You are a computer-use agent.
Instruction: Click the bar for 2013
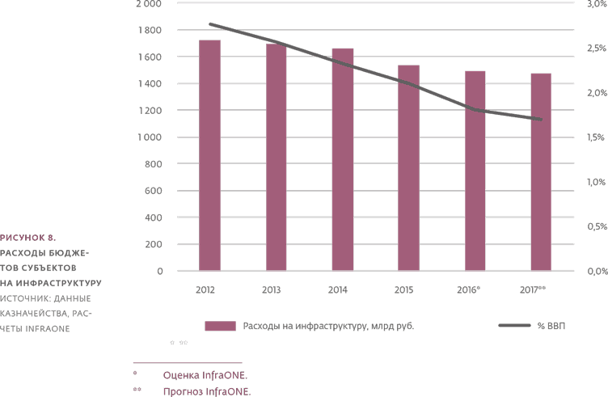tap(277, 157)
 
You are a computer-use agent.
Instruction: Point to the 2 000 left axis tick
tap(148, 4)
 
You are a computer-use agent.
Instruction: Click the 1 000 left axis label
tap(148, 137)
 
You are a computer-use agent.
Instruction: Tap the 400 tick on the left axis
tap(152, 218)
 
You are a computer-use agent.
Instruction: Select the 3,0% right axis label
tap(594, 4)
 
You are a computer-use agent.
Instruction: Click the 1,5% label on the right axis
tap(594, 137)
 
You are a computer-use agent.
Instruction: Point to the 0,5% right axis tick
tap(594, 226)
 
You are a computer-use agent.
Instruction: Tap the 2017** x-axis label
tap(534, 289)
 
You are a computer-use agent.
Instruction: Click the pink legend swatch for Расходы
tap(219, 326)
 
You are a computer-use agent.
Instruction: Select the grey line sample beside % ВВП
tap(514, 326)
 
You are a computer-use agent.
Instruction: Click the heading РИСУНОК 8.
tap(27, 238)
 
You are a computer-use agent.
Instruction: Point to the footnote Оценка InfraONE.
tap(205, 375)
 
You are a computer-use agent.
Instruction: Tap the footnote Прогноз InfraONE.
tap(207, 391)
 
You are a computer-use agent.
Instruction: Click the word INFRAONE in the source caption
tap(49, 328)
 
